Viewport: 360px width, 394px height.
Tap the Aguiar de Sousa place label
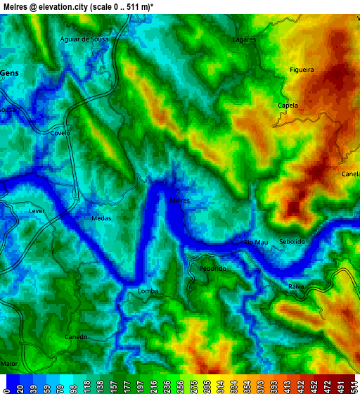coord(85,39)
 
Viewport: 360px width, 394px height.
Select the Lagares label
coord(244,40)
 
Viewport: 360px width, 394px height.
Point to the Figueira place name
coord(302,70)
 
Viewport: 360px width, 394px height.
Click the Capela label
coord(288,106)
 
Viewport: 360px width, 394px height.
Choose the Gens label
coord(10,72)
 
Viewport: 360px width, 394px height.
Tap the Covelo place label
coord(60,133)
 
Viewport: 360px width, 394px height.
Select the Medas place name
coord(101,218)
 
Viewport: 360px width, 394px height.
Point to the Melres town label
coord(180,201)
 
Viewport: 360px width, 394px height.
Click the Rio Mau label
coord(255,242)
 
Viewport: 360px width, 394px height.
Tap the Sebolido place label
coord(292,241)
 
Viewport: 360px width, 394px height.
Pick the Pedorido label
coord(212,269)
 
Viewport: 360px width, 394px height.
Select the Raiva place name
coord(296,286)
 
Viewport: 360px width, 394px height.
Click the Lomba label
coord(148,291)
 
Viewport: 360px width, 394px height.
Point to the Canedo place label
coord(76,337)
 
